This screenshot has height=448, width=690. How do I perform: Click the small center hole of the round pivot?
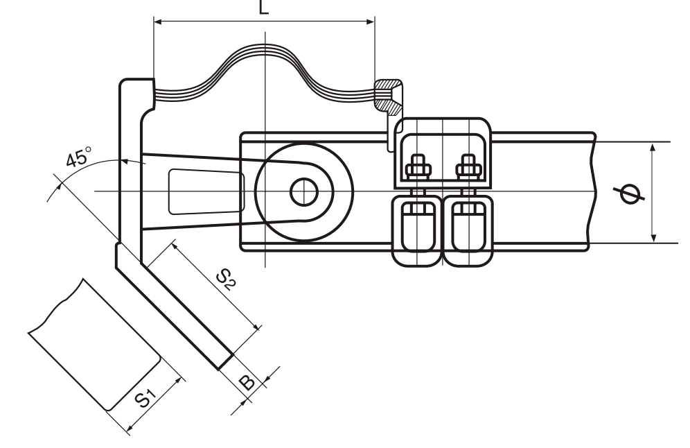(x=303, y=191)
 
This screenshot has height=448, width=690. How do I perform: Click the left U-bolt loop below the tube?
(x=416, y=231)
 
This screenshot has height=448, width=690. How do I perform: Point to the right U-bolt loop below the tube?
(x=468, y=231)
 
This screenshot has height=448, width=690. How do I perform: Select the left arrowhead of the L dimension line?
(x=157, y=22)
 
